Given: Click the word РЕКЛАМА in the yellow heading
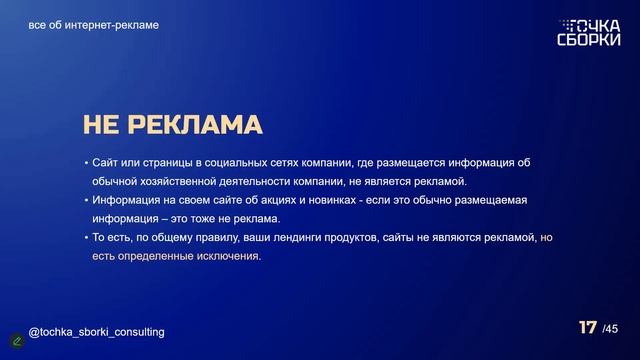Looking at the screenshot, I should point(196,124).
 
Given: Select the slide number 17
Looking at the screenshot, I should point(588,328).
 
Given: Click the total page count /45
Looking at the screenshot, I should point(611,329).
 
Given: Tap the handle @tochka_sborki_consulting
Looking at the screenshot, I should point(96,331).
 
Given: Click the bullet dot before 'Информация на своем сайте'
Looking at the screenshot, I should point(86,201).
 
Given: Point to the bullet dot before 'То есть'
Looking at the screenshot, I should point(86,238).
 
